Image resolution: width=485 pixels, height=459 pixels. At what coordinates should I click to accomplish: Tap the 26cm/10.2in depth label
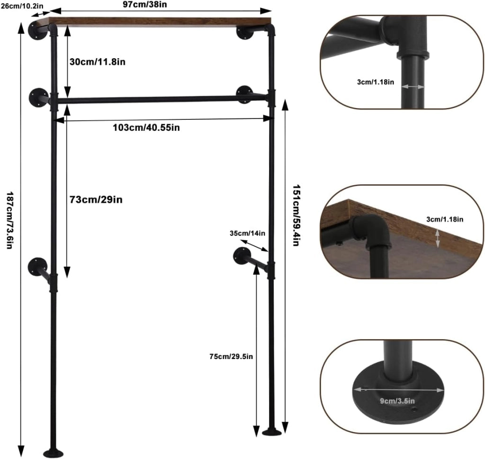22,6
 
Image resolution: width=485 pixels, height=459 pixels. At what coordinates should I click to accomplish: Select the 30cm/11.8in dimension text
98,62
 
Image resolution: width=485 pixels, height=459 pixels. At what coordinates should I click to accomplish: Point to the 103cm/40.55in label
146,127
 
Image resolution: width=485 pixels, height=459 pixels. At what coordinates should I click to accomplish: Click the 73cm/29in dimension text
96,199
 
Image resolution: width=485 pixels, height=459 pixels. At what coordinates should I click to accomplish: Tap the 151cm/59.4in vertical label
296,215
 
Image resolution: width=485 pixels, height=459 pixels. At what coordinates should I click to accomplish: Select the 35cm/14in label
247,233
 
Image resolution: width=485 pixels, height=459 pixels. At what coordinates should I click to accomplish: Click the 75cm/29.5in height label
231,357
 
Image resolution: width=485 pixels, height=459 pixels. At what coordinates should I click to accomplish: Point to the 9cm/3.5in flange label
397,401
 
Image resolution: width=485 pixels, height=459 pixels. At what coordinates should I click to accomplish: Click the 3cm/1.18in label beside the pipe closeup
376,82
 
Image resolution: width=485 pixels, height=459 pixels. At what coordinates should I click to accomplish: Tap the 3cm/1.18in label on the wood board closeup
445,219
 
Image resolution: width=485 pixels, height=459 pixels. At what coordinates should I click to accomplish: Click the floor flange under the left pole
54,453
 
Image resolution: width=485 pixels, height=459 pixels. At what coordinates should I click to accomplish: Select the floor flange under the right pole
272,432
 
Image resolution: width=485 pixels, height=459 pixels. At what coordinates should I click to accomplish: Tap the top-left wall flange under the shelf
36,31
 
